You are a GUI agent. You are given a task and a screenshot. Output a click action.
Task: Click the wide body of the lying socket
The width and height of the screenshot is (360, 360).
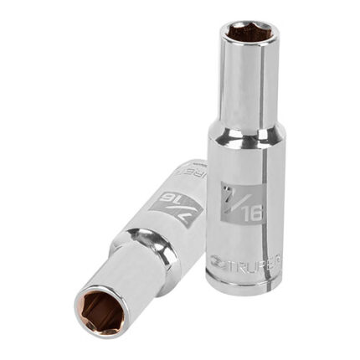(172, 213)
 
